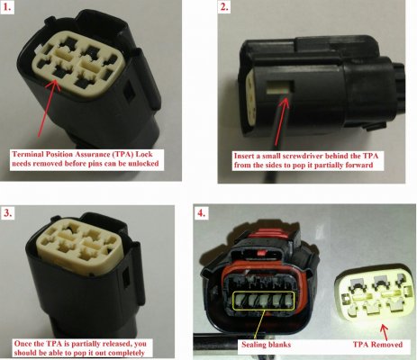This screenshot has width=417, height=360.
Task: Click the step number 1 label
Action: (x=7, y=6)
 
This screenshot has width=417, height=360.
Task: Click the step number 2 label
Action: (x=224, y=6)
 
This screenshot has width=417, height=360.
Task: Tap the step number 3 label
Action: (x=8, y=212)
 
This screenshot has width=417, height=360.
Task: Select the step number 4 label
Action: (x=201, y=212)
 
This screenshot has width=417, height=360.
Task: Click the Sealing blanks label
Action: (x=266, y=344)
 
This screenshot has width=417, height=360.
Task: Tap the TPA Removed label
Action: (x=377, y=345)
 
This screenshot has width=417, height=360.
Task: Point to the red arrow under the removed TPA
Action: (x=384, y=331)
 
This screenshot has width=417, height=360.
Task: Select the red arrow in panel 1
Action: (x=47, y=109)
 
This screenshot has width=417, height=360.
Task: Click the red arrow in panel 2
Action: (x=282, y=121)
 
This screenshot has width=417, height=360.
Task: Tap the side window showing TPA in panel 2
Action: (x=279, y=87)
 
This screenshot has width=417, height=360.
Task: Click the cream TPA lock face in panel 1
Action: (x=76, y=63)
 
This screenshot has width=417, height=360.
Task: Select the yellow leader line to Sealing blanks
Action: (x=258, y=325)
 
